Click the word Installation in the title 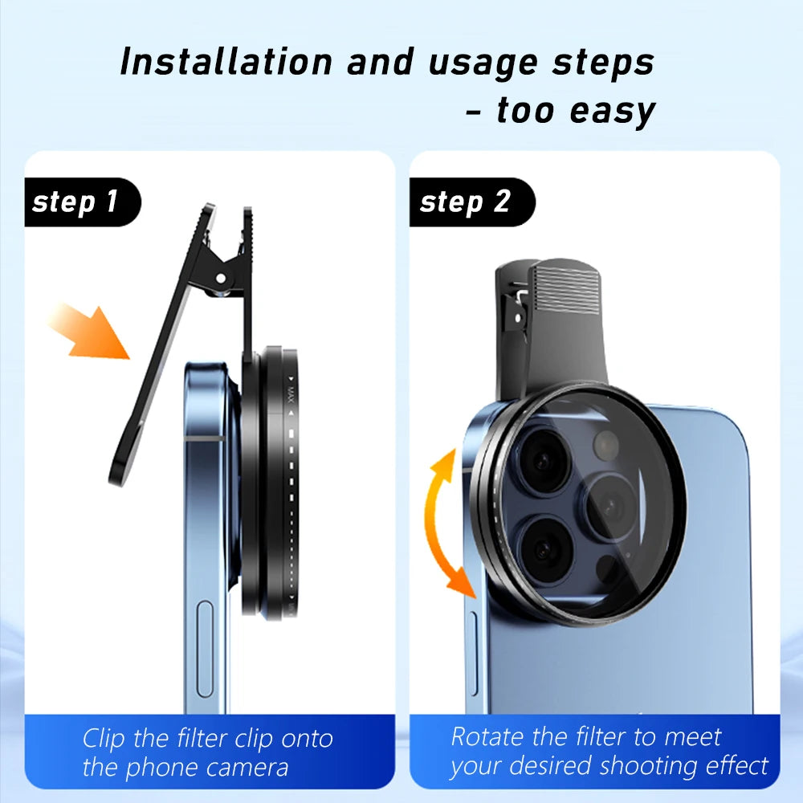point(224,63)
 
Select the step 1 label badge point(76,202)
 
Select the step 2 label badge point(466,202)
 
